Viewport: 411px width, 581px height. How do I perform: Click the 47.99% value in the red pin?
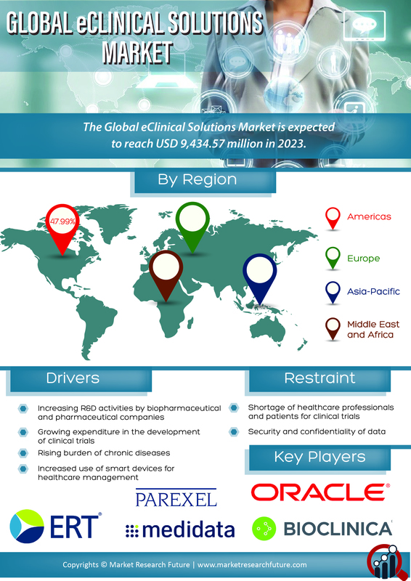point(62,222)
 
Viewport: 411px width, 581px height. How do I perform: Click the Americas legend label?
point(369,216)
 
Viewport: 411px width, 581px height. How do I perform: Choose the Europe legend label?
point(363,259)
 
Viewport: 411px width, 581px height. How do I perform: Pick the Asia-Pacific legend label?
point(373,292)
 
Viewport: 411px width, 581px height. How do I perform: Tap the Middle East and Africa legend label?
point(373,330)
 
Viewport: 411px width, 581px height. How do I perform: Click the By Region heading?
point(198,179)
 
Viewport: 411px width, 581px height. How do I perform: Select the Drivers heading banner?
point(79,379)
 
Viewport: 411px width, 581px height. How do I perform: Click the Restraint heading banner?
point(318,379)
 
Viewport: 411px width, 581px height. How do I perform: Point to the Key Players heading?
point(320,458)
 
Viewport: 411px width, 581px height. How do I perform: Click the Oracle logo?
point(320,492)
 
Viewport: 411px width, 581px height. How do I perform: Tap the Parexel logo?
point(176,498)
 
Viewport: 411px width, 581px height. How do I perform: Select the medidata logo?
point(180,530)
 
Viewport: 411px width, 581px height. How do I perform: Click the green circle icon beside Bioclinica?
point(264,529)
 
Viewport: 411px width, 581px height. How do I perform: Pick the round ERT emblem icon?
point(27,526)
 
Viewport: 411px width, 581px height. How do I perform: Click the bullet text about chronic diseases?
point(104,453)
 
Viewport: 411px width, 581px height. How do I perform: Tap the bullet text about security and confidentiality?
point(317,431)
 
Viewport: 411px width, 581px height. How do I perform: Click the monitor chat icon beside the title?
point(365,25)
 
